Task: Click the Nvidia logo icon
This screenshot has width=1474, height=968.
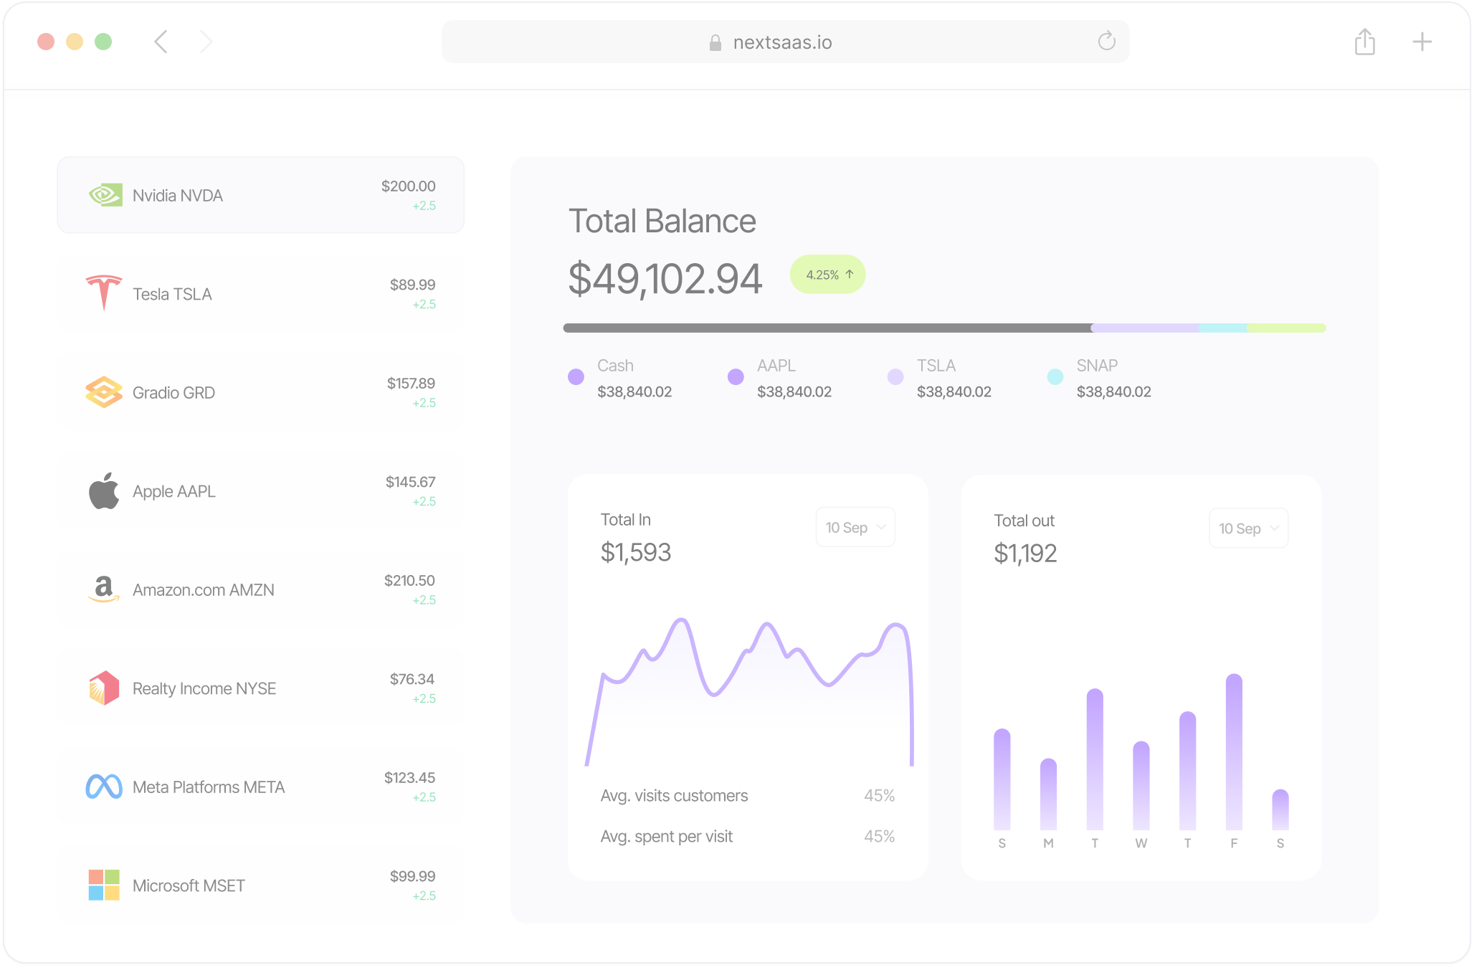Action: (105, 195)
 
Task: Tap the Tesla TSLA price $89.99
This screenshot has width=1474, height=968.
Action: (412, 285)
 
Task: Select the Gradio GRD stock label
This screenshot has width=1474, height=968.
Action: (173, 393)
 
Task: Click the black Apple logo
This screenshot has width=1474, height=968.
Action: (104, 491)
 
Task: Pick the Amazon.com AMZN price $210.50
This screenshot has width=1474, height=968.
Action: (409, 580)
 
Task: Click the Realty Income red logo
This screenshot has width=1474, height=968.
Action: (104, 688)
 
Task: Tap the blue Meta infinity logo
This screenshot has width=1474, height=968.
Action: (104, 787)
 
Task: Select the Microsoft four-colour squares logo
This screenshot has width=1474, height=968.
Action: (104, 886)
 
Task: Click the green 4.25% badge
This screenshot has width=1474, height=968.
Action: (827, 275)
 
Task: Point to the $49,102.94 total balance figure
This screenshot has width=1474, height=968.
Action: (665, 279)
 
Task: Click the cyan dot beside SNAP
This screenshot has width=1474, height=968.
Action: (1055, 376)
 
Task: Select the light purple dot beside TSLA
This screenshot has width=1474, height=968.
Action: (895, 376)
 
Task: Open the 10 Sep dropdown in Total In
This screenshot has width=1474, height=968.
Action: (855, 528)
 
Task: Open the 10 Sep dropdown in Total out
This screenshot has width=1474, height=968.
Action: (1248, 528)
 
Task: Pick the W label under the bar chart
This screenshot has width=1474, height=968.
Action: (1141, 843)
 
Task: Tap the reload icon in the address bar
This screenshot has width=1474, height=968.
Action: (1106, 42)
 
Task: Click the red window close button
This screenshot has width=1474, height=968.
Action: (46, 42)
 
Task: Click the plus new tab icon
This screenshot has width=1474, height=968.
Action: (1422, 42)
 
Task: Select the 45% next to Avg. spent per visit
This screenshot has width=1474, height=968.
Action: (879, 836)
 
